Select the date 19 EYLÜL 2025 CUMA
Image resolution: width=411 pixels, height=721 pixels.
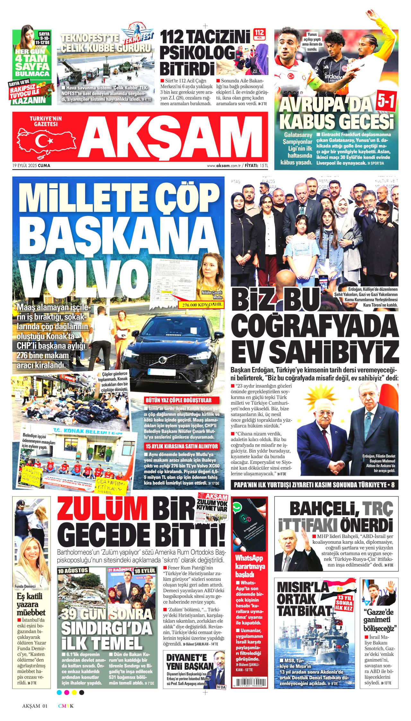pos(31,166)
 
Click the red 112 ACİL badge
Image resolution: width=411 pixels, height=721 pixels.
pos(259,34)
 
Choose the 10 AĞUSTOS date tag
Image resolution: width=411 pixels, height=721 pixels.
pos(73,571)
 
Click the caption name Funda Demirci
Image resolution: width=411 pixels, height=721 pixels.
pos(25,586)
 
